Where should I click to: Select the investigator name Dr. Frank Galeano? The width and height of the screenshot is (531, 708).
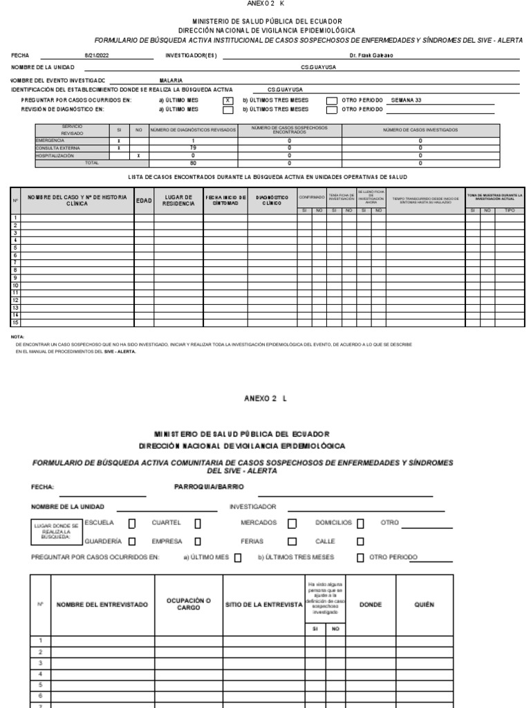click(371, 56)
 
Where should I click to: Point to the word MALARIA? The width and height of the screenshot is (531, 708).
click(171, 80)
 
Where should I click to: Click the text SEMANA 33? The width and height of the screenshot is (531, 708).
click(406, 100)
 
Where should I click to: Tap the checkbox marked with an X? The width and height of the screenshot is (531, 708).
click(227, 100)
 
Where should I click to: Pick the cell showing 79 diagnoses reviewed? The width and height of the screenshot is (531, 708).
click(193, 148)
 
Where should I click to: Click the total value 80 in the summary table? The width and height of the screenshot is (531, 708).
click(193, 163)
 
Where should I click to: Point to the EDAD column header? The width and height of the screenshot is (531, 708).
click(144, 201)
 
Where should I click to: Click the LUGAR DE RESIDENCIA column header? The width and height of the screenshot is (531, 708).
click(178, 201)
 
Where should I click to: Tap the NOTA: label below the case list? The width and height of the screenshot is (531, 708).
click(18, 337)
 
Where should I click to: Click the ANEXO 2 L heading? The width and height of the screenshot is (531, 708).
click(265, 398)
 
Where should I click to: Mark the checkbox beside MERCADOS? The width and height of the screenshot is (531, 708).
click(292, 523)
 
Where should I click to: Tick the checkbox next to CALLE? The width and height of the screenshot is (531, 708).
click(360, 542)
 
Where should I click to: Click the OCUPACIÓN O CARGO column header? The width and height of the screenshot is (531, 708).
click(188, 604)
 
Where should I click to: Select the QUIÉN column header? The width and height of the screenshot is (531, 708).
click(423, 604)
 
